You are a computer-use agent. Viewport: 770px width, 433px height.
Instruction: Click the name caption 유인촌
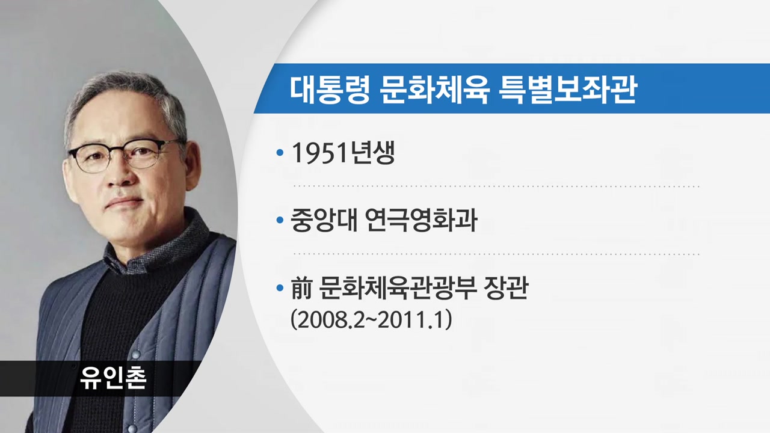click(113, 378)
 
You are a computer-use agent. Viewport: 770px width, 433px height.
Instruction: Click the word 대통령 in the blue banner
click(330, 90)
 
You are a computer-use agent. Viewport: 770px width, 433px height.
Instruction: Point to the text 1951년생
click(343, 153)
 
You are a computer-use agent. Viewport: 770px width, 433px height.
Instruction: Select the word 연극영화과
click(422, 220)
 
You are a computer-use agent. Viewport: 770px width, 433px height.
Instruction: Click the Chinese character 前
click(301, 288)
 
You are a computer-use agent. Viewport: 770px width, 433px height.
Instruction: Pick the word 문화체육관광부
click(398, 288)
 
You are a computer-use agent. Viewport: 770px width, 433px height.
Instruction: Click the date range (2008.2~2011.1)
click(371, 321)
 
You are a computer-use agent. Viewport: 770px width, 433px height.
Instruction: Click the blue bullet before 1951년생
click(280, 152)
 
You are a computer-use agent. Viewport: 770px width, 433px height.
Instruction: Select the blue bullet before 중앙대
click(280, 220)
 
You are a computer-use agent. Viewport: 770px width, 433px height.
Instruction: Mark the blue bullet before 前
click(280, 288)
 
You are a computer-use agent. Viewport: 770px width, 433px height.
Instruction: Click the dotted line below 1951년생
click(497, 186)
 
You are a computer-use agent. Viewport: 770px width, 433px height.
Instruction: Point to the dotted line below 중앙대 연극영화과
click(497, 254)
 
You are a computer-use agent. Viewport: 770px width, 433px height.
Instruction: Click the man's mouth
click(124, 202)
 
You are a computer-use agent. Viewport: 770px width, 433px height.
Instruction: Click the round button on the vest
click(136, 355)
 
